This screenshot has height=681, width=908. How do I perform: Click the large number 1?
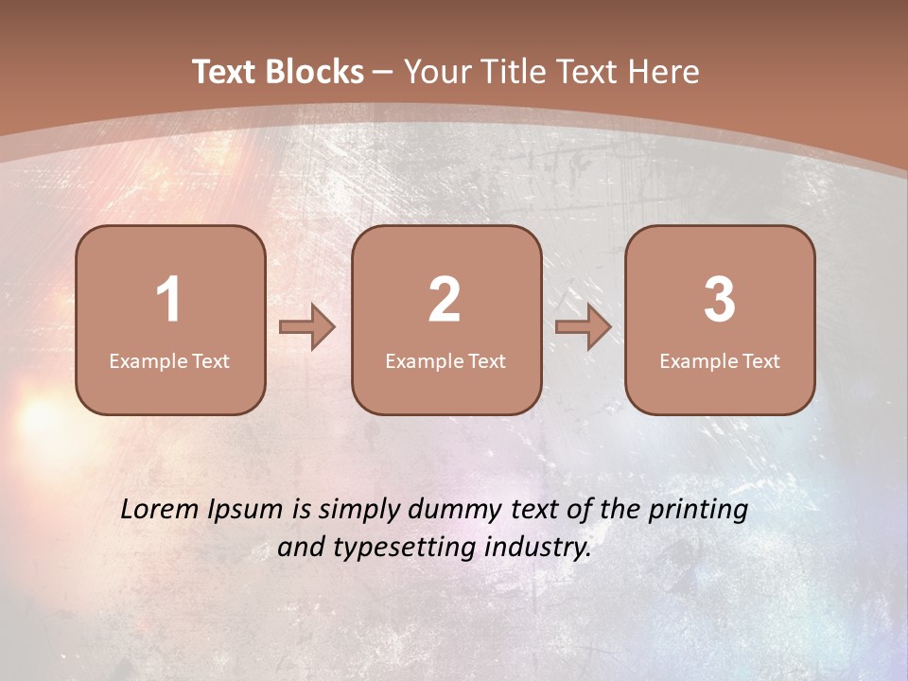168,301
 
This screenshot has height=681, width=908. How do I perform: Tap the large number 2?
445,301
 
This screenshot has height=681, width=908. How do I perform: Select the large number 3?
720,301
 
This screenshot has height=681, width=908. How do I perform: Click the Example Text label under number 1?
169,361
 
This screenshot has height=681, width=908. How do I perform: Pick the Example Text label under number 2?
445,361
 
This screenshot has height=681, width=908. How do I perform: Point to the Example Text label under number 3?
720,361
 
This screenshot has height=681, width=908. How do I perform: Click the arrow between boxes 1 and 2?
307,327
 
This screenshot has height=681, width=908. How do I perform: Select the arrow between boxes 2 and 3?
584,327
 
